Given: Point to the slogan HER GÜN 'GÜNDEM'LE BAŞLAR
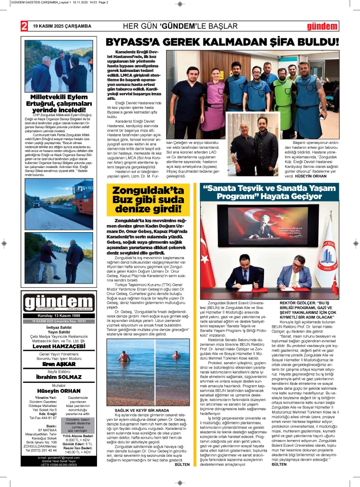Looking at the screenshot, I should (180, 26).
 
